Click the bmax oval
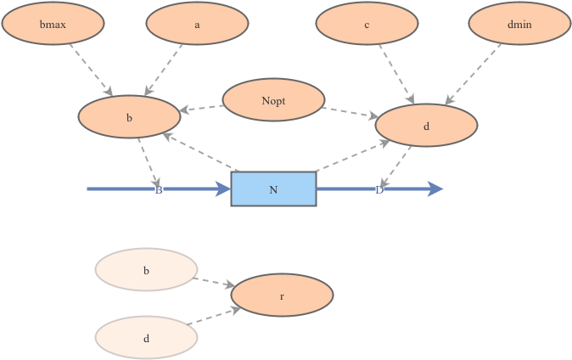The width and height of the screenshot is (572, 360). [x=53, y=25]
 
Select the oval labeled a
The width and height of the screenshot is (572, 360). [x=197, y=25]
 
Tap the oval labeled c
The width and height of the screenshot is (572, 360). [x=367, y=25]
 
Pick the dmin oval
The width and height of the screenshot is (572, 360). [x=519, y=25]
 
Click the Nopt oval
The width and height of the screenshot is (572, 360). [x=273, y=101]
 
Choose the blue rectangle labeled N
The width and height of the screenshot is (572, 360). [x=273, y=189]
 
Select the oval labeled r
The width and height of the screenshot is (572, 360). [x=282, y=296]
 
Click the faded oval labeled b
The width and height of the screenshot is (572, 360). [x=146, y=271]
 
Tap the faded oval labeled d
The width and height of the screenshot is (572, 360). [x=146, y=338]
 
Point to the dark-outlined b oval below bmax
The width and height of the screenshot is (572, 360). [x=129, y=118]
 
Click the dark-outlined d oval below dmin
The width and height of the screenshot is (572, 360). [x=426, y=127]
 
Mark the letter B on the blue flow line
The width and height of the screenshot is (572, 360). [x=159, y=189]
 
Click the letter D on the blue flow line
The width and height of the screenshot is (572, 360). [x=379, y=189]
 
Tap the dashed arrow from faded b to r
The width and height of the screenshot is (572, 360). [x=214, y=283]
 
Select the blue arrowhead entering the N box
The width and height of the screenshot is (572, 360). [x=222, y=189]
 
